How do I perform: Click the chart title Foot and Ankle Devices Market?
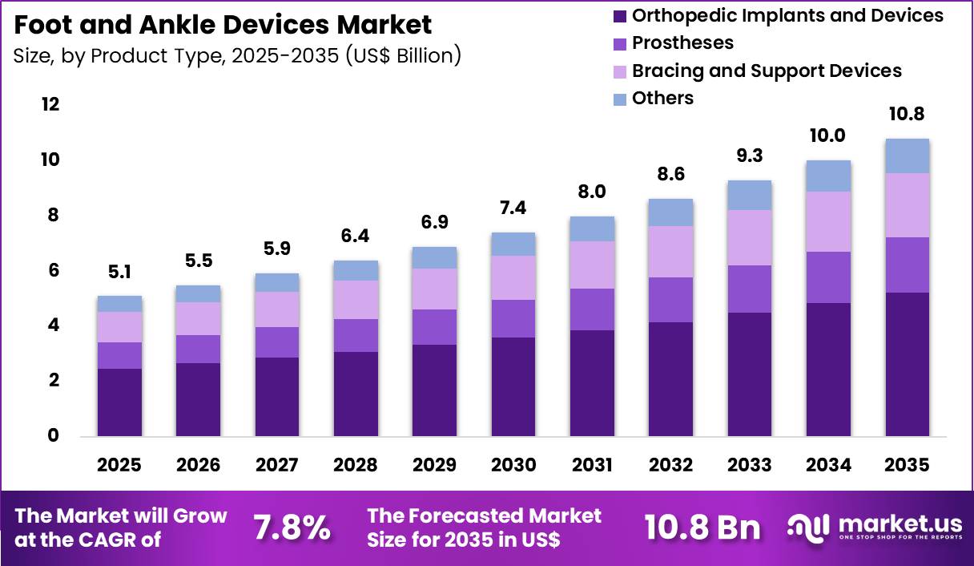click(223, 25)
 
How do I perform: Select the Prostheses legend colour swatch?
click(619, 42)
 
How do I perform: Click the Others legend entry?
click(662, 98)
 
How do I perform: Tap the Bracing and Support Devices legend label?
click(766, 71)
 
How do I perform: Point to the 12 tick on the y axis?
click(50, 105)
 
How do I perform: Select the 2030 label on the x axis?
click(513, 466)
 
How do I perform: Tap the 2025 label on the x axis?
click(119, 466)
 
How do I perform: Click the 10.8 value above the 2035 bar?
click(907, 115)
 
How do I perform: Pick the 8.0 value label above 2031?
click(592, 192)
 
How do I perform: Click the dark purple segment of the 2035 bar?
click(907, 364)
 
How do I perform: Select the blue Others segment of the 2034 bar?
click(828, 176)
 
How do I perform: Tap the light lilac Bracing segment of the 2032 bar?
click(670, 252)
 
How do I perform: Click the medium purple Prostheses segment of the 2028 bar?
click(356, 335)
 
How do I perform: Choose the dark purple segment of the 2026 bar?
click(198, 399)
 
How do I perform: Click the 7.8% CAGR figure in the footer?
click(292, 528)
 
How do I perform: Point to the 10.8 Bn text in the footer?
click(702, 528)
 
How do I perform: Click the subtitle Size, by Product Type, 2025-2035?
click(237, 57)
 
